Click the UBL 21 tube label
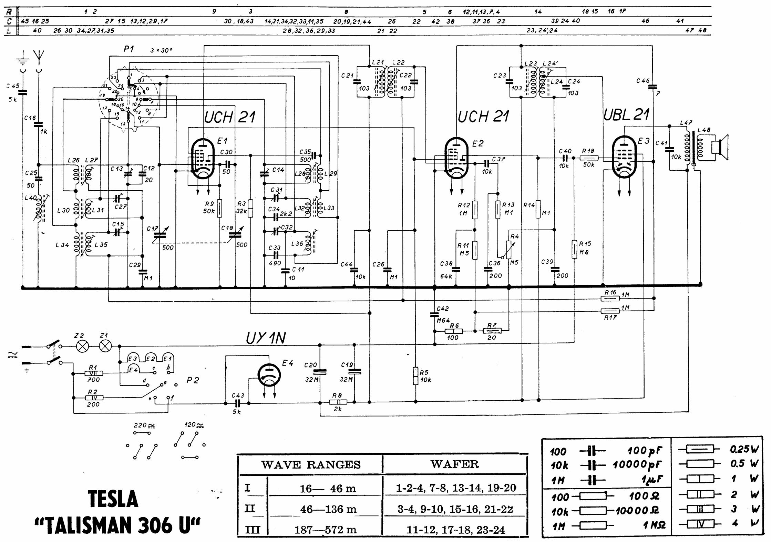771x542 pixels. pos(626,115)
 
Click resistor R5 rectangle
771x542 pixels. pos(415,376)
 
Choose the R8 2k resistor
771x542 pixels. pos(338,402)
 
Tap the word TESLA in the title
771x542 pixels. pos(113,499)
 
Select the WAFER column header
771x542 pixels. pos(454,464)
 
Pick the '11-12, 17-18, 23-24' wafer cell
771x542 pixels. pos(456,530)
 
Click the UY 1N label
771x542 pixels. pos(266,338)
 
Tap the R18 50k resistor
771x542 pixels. pos(589,158)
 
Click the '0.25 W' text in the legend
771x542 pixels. pos(744,449)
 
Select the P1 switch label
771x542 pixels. pos(128,49)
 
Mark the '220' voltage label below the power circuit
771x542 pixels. pos(140,425)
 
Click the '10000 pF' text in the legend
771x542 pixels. pos(638,465)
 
